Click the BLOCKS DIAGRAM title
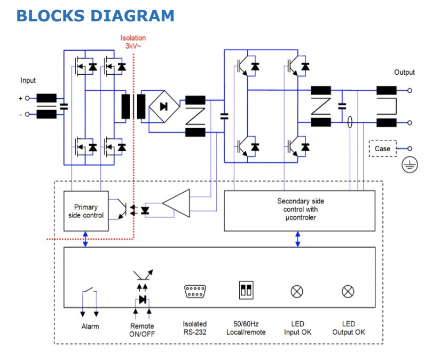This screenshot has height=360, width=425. click(95, 15)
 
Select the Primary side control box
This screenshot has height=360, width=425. click(86, 211)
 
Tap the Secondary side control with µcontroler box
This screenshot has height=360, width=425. click(301, 209)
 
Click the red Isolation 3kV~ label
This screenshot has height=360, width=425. click(133, 42)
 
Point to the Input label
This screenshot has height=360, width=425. click(28, 81)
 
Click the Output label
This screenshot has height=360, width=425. click(404, 72)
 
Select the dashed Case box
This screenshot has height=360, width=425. click(382, 148)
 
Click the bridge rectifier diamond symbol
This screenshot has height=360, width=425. click(164, 106)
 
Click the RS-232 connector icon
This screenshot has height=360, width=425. click(194, 291)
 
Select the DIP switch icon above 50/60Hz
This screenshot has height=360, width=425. click(246, 290)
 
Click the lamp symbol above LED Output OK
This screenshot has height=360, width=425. click(348, 291)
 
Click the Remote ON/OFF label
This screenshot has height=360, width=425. click(142, 330)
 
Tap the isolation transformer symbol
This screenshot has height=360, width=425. click(133, 107)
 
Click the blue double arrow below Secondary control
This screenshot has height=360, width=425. click(298, 239)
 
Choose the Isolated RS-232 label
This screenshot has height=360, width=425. click(194, 328)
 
